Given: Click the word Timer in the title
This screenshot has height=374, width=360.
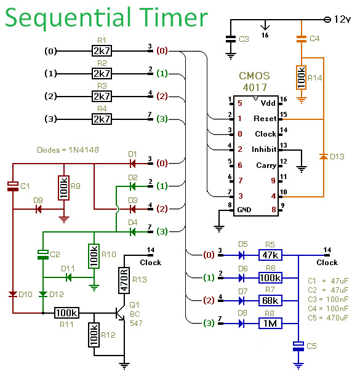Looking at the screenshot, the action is (x=173, y=18).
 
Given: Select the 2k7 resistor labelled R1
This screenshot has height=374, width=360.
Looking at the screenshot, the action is (x=102, y=51).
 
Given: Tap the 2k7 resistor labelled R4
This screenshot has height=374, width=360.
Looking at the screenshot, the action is (x=102, y=119).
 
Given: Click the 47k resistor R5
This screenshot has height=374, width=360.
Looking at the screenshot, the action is (x=270, y=255).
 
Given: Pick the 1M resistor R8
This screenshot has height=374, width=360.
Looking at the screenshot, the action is (x=270, y=324).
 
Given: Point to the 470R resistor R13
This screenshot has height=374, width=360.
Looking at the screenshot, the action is (x=124, y=280).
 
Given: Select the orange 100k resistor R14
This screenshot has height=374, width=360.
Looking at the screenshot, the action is (x=302, y=78).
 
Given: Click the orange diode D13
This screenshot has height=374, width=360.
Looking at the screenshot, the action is (x=324, y=156).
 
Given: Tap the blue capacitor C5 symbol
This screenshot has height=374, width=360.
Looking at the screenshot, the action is (x=298, y=346).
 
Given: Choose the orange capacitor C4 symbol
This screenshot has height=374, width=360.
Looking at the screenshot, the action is (x=302, y=39).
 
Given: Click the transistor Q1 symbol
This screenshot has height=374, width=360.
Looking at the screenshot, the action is (x=121, y=313).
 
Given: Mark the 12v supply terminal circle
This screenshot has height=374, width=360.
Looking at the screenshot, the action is (x=327, y=20).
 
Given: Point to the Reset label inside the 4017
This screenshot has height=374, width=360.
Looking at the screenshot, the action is (x=265, y=119).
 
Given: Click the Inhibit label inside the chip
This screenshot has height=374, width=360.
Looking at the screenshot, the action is (x=264, y=149).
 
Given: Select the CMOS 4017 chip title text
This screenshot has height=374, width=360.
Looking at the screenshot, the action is (x=255, y=82).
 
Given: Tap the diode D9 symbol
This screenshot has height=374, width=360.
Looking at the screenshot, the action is (x=38, y=209).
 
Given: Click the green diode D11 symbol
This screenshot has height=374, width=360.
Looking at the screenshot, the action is (x=69, y=277).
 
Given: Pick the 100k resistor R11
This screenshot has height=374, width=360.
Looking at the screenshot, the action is (x=67, y=313).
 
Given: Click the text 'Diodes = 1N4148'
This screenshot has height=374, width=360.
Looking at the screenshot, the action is (x=68, y=150).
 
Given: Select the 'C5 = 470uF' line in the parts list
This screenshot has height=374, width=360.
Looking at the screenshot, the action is (x=328, y=317).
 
